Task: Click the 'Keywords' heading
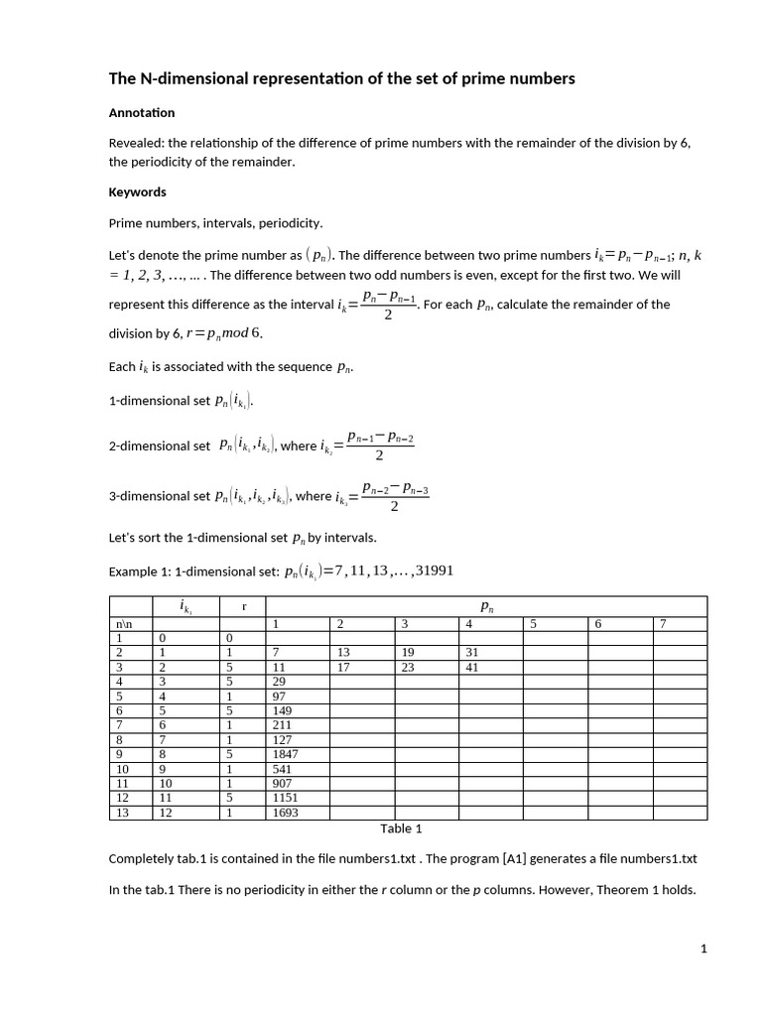[x=137, y=191]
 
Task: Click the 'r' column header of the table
[x=230, y=604]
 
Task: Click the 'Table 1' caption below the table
[x=402, y=828]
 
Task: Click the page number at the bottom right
[x=703, y=950]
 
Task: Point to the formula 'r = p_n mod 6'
[x=224, y=332]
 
